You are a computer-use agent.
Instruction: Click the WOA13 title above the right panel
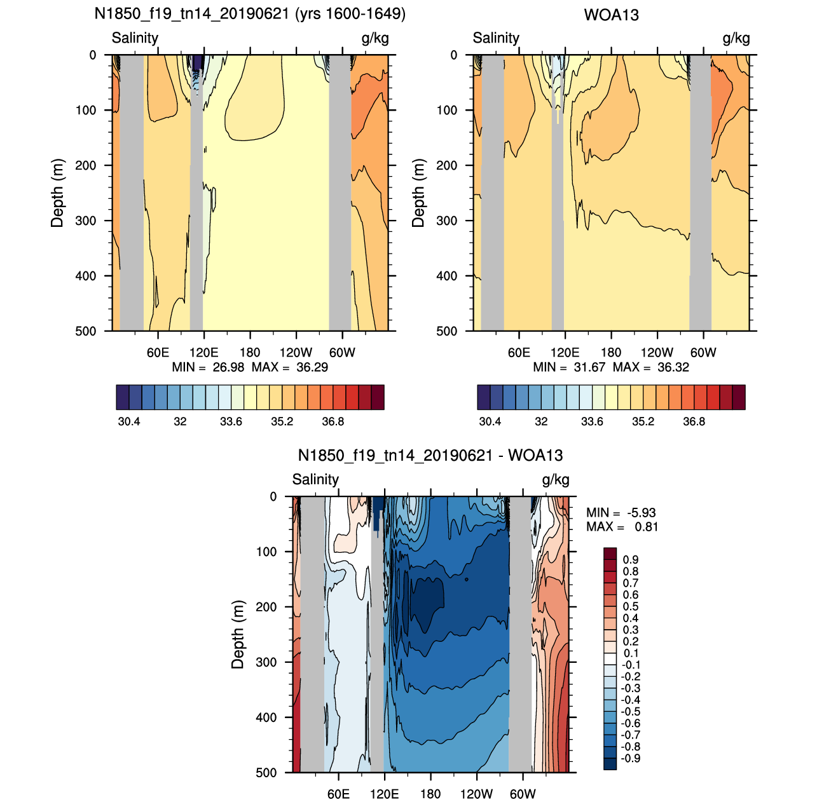[x=611, y=15]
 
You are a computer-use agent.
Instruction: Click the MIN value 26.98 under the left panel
[x=228, y=367]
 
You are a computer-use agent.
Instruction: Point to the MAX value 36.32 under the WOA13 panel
[x=673, y=367]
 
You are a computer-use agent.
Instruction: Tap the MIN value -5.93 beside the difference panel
[x=642, y=512]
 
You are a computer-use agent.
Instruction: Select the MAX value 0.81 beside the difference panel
[x=646, y=527]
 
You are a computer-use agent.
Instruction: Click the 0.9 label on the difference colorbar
[x=631, y=559]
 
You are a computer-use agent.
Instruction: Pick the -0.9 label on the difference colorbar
[x=631, y=758]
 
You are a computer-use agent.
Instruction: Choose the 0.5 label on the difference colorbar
[x=631, y=607]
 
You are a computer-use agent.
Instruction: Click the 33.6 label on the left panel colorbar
[x=231, y=422]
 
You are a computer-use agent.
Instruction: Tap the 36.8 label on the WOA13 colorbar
[x=694, y=422]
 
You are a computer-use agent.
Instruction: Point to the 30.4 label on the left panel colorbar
[x=129, y=422]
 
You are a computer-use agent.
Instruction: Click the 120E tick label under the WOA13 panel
[x=565, y=353]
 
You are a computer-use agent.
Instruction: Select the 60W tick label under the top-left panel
[x=342, y=353]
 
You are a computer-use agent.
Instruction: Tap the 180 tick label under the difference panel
[x=430, y=794]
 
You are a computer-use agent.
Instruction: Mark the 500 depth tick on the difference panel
[x=266, y=773]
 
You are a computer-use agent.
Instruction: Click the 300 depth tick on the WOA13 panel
[x=447, y=221]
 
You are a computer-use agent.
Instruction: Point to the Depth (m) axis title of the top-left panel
[x=57, y=193]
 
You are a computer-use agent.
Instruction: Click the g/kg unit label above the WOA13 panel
[x=736, y=39]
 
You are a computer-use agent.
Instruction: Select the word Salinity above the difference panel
[x=315, y=479]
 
